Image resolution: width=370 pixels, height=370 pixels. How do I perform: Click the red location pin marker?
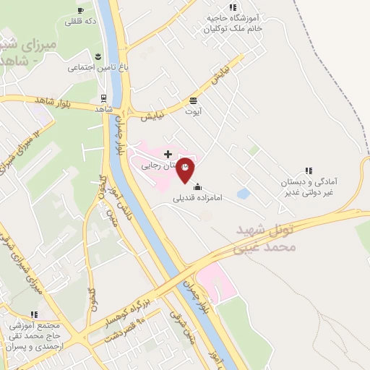[x=186, y=169]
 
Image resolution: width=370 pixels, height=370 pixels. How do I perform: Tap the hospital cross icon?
[x=168, y=154]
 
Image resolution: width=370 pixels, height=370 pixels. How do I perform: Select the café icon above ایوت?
[x=193, y=100]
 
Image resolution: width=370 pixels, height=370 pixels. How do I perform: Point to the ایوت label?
[x=194, y=112]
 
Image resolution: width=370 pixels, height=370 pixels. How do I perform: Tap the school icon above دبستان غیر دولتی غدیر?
[x=309, y=171]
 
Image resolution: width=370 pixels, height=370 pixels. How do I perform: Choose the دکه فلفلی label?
[x=80, y=22]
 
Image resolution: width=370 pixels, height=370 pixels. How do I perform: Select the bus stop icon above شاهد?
[x=103, y=98]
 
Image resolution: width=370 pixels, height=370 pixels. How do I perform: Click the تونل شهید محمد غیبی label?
[x=266, y=238]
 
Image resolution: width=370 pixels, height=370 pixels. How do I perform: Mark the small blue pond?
[x=244, y=194]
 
